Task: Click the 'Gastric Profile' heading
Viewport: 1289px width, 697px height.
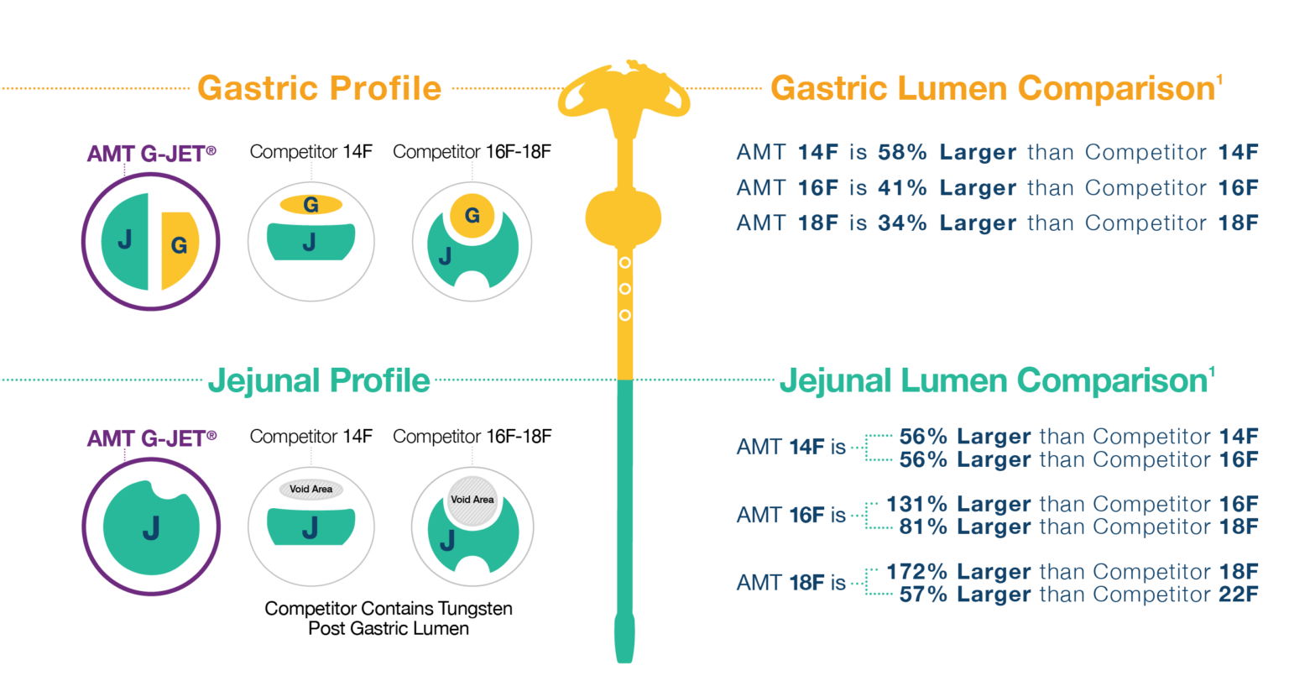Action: [x=319, y=88]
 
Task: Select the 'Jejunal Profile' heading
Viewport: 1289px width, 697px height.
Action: [x=319, y=380]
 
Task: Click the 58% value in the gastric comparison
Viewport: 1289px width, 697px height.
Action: [x=902, y=153]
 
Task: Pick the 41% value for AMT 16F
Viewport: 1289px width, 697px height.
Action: [x=902, y=188]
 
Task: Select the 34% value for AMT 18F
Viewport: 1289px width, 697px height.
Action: [x=902, y=223]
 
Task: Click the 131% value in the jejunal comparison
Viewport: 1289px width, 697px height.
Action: [x=916, y=504]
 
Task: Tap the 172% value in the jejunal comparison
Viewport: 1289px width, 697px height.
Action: [x=916, y=572]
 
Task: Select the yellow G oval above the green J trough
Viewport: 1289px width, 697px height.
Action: [x=311, y=204]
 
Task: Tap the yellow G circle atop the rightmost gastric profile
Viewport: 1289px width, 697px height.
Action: [x=472, y=216]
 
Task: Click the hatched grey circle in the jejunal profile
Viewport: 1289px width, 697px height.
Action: [x=472, y=500]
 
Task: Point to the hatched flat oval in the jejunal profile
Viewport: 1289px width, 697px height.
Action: [x=311, y=490]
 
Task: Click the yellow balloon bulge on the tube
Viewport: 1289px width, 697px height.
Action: [x=624, y=217]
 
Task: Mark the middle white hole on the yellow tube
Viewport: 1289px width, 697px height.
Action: [x=624, y=289]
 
